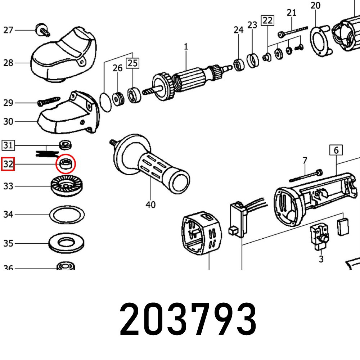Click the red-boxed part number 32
(x=8, y=165)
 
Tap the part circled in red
(x=66, y=164)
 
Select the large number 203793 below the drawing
(x=188, y=318)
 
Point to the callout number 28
(x=8, y=63)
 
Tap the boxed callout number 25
(x=132, y=63)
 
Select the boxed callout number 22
(x=267, y=21)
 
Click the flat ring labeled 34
(x=67, y=215)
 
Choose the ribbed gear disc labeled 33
(x=66, y=186)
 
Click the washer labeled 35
(x=67, y=244)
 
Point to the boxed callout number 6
(x=336, y=150)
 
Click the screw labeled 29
(x=49, y=101)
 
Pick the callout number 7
(x=305, y=160)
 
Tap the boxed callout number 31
(x=9, y=145)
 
